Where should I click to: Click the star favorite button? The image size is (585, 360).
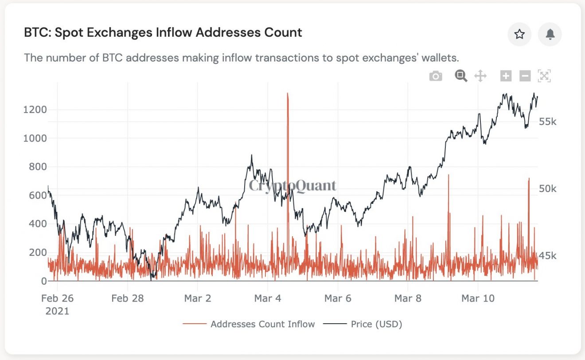coord(519,35)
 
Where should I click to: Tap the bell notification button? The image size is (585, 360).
coord(550,35)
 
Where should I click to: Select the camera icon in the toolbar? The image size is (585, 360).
coord(436,76)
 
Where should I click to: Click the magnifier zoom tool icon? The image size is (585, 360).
coord(461,76)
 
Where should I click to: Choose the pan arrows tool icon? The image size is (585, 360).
coord(480,76)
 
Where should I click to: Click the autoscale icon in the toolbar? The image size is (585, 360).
coord(544,76)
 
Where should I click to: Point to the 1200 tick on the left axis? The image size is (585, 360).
coord(35,110)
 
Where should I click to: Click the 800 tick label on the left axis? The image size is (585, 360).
coord(37,167)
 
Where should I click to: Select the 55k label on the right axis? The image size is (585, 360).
coord(548,121)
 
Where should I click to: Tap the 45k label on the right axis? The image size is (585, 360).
coord(548,256)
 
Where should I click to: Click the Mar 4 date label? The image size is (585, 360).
coord(268,298)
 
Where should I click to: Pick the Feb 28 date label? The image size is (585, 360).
coord(128,298)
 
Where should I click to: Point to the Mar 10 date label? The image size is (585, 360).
coord(477,298)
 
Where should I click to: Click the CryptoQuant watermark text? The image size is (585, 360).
coord(292,185)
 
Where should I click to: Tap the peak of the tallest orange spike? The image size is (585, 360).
coord(288,94)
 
